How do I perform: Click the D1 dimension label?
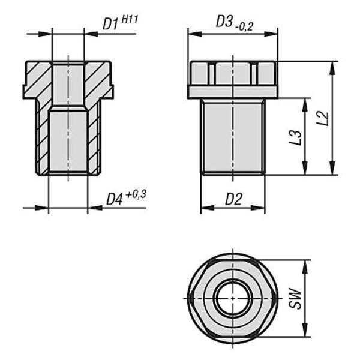(110, 24)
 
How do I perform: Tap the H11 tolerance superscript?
(130, 19)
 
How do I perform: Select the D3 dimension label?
(224, 22)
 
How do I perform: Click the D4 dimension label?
(115, 199)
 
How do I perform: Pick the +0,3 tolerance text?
(136, 195)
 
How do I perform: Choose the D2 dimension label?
(234, 199)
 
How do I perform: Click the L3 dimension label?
(295, 137)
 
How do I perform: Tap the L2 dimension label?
(322, 118)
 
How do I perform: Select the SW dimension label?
(295, 298)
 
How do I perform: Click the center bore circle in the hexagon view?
(233, 298)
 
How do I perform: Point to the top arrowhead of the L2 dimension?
(332, 68)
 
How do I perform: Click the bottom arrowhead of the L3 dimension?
(305, 168)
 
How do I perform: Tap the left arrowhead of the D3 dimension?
(194, 34)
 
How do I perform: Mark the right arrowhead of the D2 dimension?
(258, 208)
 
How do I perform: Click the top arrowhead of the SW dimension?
(305, 267)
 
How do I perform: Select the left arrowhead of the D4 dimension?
(42, 208)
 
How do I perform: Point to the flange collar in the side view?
(233, 92)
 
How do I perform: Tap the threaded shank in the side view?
(233, 137)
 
